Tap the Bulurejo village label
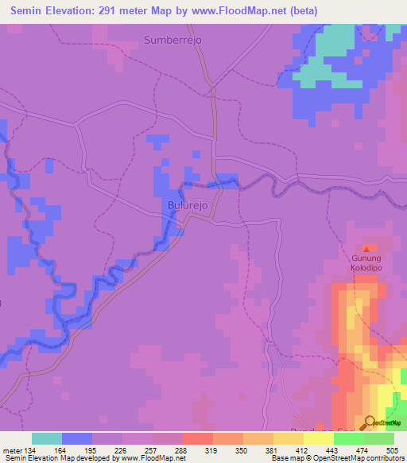(188, 205)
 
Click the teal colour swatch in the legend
(47, 438)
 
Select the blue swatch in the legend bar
(77, 438)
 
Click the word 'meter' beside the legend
(11, 450)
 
